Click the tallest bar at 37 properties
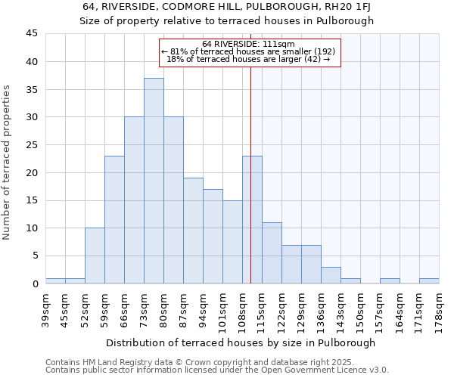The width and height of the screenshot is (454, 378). [x=154, y=181]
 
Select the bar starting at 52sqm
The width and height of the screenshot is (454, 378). [x=95, y=256]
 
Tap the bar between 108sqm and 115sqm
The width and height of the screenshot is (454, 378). [x=252, y=219]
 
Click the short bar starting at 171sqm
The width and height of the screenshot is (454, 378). [x=429, y=280]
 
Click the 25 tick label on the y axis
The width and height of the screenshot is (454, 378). [x=32, y=145]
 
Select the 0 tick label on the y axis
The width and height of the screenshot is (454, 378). [x=35, y=283]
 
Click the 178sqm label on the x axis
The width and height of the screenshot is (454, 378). [x=439, y=311]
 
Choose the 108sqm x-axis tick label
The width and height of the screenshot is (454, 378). [x=242, y=311]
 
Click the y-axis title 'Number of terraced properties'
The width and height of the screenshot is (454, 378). [x=8, y=163]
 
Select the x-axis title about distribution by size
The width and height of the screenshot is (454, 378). [x=241, y=342]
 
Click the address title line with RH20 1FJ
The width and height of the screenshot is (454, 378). [x=227, y=7]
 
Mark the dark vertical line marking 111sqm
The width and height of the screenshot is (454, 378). [x=250, y=189]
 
